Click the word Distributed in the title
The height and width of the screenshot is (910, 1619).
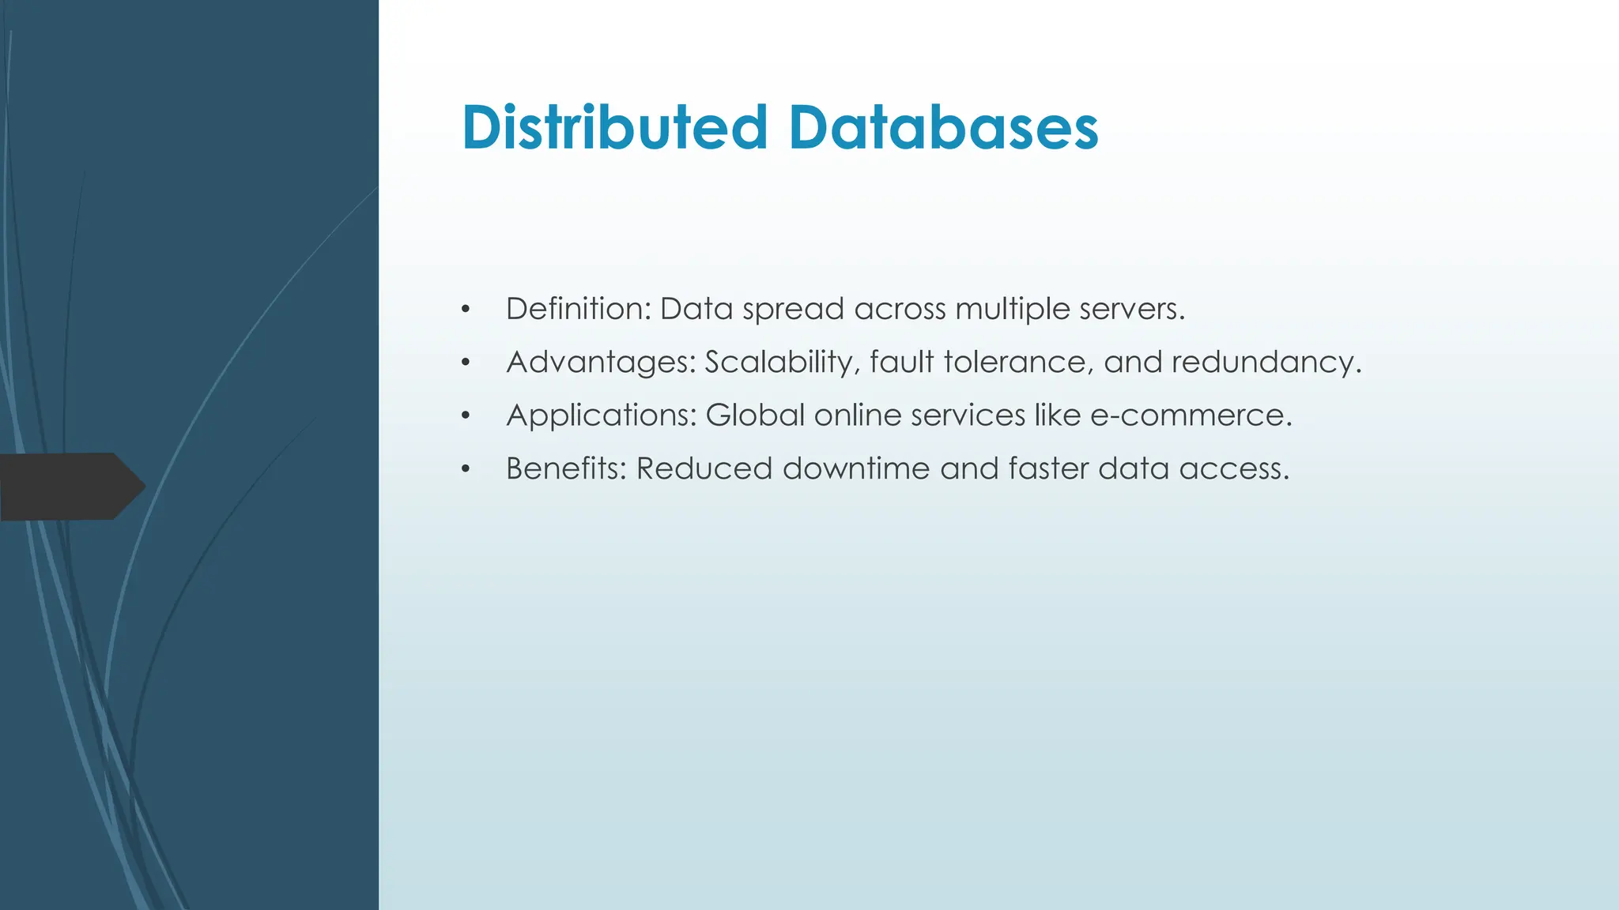pos(614,127)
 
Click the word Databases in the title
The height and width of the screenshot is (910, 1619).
pos(943,127)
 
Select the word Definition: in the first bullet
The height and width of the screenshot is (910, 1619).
pos(578,309)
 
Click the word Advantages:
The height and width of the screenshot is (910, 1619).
pos(601,363)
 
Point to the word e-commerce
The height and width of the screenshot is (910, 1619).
pos(1191,416)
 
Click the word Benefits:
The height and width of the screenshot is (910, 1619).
pos(566,468)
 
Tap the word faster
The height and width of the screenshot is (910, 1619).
pos(1048,468)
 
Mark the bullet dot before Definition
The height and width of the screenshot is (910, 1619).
pos(466,310)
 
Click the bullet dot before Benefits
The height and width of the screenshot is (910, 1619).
pos(466,470)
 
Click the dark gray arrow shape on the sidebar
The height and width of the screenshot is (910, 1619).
pos(67,487)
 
